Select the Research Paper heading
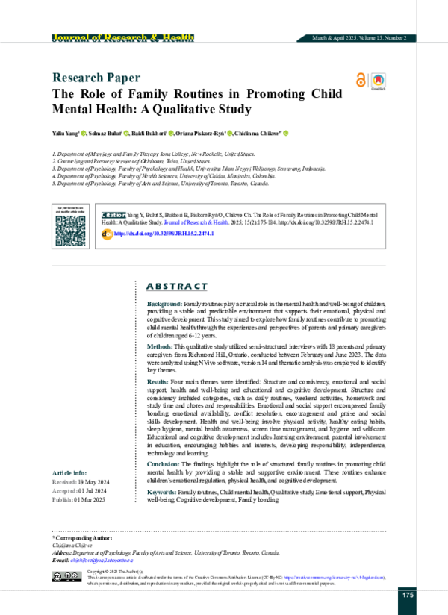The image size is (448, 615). (x=95, y=78)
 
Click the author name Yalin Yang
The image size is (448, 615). (x=66, y=133)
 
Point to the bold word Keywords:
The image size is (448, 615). (x=162, y=493)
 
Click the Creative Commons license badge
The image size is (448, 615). (x=66, y=576)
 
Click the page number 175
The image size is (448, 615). (x=408, y=594)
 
